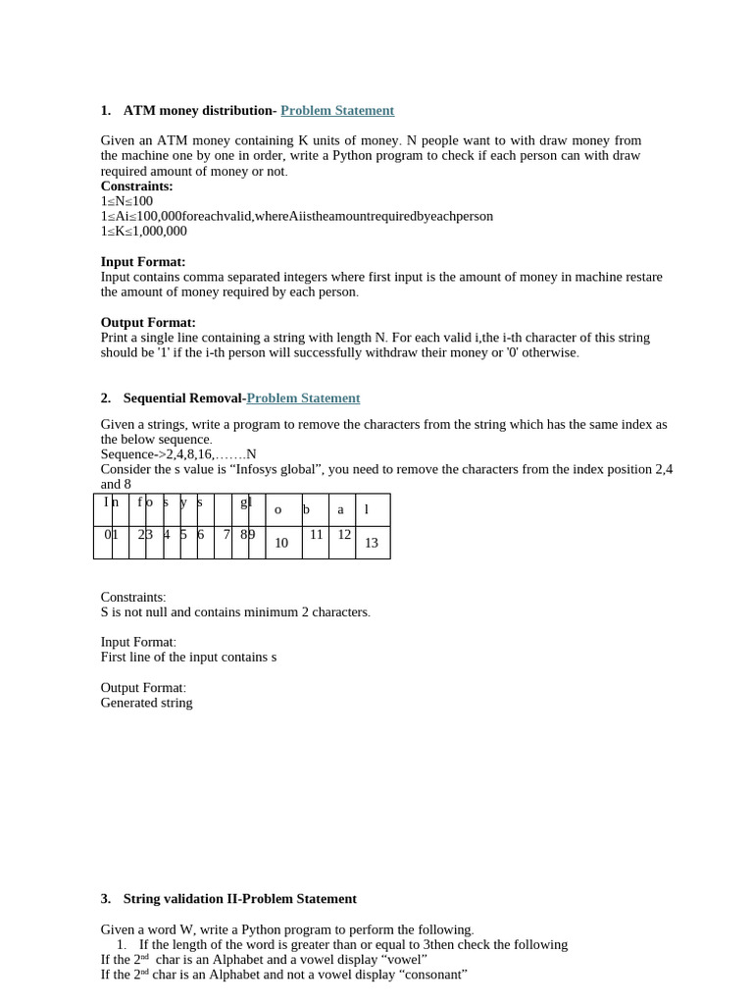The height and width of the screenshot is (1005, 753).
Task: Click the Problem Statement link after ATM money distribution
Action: tap(337, 111)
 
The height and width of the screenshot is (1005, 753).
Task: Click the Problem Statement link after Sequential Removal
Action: tap(303, 398)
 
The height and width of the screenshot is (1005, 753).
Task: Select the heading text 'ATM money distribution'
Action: tap(197, 111)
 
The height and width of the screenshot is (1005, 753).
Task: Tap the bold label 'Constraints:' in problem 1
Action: tap(136, 186)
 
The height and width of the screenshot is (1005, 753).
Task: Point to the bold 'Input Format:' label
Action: tap(143, 262)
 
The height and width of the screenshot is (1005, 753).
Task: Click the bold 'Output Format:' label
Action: tap(148, 323)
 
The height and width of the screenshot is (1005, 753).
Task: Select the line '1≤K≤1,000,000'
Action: tap(143, 232)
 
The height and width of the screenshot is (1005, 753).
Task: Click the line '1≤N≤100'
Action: tap(126, 201)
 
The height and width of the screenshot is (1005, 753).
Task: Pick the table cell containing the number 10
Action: tap(281, 543)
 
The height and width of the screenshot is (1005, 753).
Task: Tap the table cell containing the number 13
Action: tap(372, 543)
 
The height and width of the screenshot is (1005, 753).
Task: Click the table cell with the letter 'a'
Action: tap(341, 509)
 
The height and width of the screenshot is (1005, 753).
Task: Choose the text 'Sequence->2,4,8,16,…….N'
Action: tap(178, 454)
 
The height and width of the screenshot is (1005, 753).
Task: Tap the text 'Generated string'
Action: tap(147, 703)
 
